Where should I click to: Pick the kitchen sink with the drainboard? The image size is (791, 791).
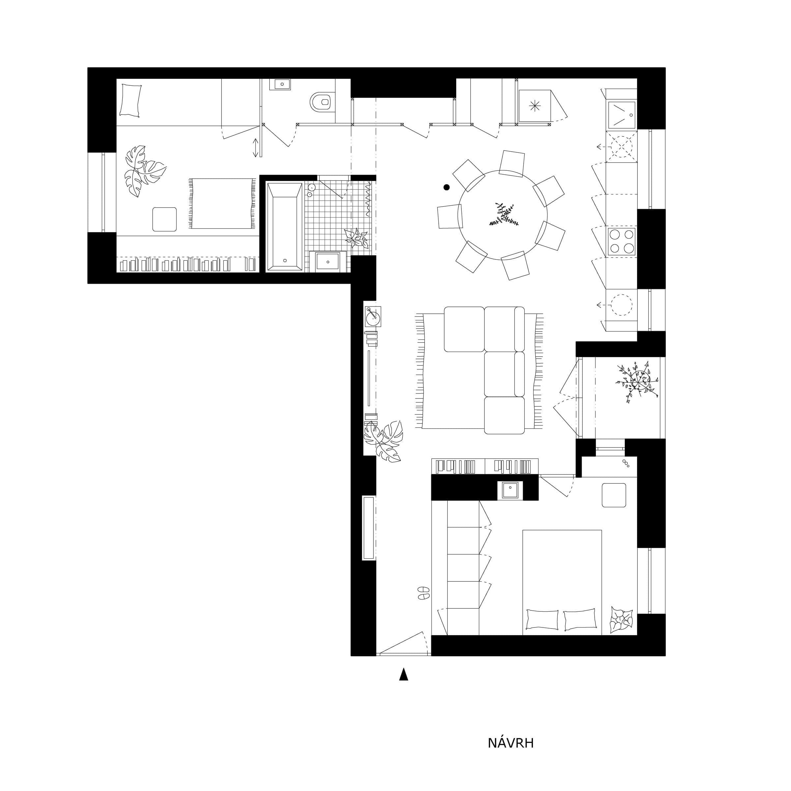(x=622, y=115)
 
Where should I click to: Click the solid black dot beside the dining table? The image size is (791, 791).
(x=447, y=187)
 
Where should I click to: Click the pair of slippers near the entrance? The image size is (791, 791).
(x=423, y=593)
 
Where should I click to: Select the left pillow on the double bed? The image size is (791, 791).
(x=542, y=620)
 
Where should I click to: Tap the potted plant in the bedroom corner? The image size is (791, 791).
(x=621, y=620)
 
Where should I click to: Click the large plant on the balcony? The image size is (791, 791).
(x=637, y=381)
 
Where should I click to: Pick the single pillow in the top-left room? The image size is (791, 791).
(x=131, y=100)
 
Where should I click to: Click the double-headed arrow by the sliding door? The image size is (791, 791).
(x=255, y=147)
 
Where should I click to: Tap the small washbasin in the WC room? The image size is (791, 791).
(x=280, y=84)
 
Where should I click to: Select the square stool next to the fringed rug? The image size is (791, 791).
(x=164, y=219)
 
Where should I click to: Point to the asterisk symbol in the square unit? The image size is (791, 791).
(x=535, y=106)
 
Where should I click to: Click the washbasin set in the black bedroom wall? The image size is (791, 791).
(x=510, y=490)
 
